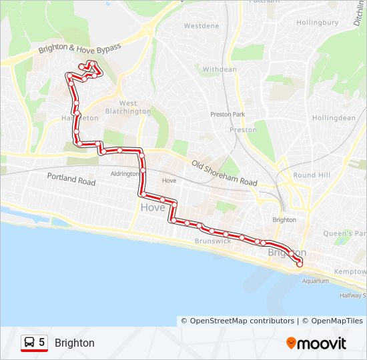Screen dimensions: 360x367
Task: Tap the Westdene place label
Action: coord(201,26)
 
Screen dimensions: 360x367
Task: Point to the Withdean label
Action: coord(220,69)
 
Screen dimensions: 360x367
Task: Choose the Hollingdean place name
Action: coord(334,118)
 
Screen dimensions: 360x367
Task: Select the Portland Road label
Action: coord(71,180)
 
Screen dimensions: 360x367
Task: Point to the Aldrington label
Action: coord(124,173)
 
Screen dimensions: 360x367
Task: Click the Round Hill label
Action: coord(311,175)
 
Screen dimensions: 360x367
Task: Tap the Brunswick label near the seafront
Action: coord(212,241)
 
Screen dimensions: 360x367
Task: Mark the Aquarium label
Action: coord(315,281)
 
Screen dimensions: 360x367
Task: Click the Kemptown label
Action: coord(350,272)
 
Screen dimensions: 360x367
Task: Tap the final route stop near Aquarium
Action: coord(299,264)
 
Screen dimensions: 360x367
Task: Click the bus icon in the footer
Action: coord(30,343)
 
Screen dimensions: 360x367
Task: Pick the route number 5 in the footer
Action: coord(42,343)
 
